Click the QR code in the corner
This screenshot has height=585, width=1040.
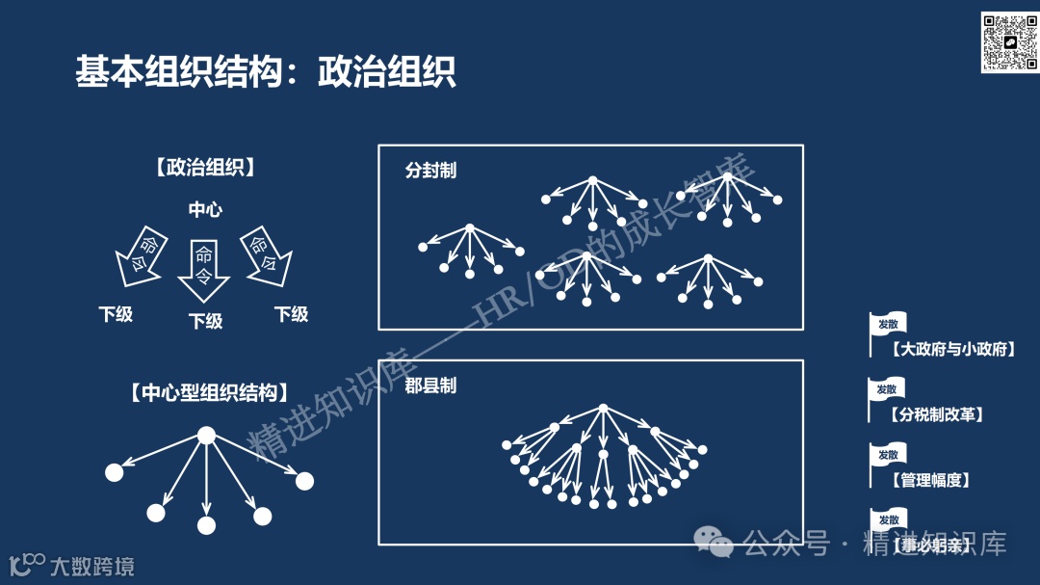[1008, 42]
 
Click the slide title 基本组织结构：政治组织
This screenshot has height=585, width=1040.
[266, 72]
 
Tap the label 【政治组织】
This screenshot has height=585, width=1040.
[205, 168]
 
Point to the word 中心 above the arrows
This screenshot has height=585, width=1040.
[205, 209]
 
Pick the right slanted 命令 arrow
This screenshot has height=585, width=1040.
[265, 255]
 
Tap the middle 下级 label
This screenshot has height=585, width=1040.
[205, 321]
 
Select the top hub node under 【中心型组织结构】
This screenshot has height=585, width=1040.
[206, 436]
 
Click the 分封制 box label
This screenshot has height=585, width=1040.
[430, 171]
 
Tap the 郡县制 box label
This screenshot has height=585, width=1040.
[430, 386]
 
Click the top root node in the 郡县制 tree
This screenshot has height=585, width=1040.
[603, 409]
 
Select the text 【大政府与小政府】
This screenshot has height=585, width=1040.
[953, 349]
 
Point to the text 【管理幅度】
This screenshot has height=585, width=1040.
[931, 479]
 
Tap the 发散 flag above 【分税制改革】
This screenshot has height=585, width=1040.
[887, 389]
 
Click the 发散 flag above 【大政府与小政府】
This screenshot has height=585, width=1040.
[887, 324]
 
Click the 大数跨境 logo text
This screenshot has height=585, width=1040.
[91, 566]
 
